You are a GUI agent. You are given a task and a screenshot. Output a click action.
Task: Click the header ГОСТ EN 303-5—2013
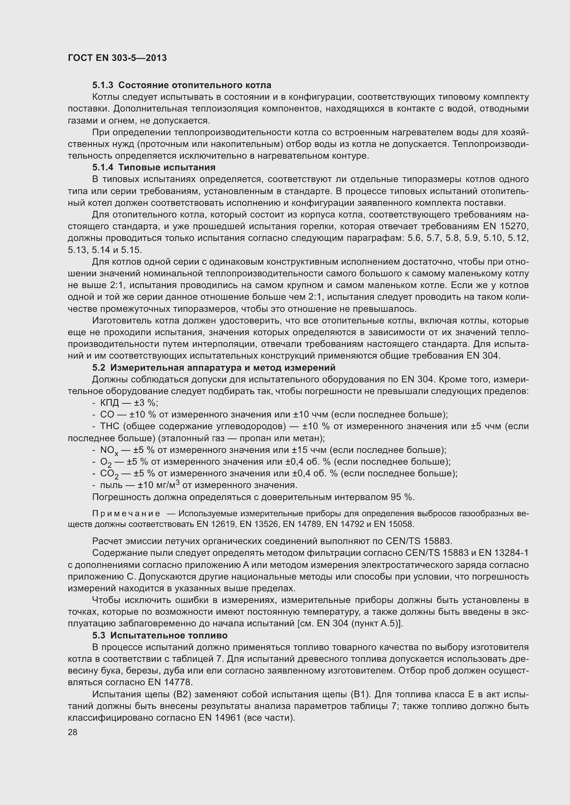tap(117, 58)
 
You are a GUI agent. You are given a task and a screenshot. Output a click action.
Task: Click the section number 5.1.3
tap(103, 85)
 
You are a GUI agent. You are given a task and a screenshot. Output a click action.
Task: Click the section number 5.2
tap(99, 368)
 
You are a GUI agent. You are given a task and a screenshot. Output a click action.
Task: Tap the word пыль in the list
tap(111, 485)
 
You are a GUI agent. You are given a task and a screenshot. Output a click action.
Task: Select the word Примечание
tap(126, 513)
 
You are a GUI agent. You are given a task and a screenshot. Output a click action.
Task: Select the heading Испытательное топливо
tap(169, 635)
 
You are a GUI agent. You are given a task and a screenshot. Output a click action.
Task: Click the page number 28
tap(72, 732)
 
